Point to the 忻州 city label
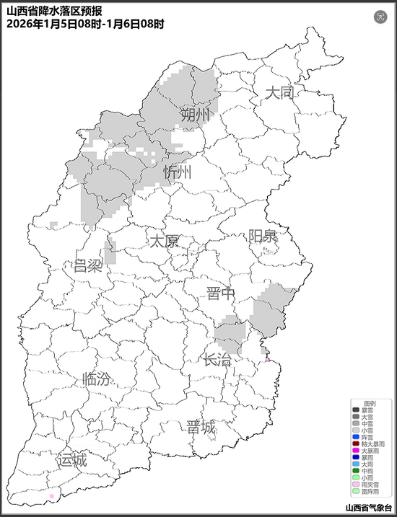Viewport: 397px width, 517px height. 178,172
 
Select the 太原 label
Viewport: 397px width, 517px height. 163,241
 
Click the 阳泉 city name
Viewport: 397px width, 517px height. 262,236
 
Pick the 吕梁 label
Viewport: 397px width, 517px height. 88,265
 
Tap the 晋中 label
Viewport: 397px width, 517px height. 220,293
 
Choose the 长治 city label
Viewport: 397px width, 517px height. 217,360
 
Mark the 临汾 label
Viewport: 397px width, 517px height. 97,379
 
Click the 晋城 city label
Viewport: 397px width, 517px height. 201,427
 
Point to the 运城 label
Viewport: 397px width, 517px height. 71,459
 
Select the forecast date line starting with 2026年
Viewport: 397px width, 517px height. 85,24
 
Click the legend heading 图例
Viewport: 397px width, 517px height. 370,403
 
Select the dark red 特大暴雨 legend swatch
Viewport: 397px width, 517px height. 357,443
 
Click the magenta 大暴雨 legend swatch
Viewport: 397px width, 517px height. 357,451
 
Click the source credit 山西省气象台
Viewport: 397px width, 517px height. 368,508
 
